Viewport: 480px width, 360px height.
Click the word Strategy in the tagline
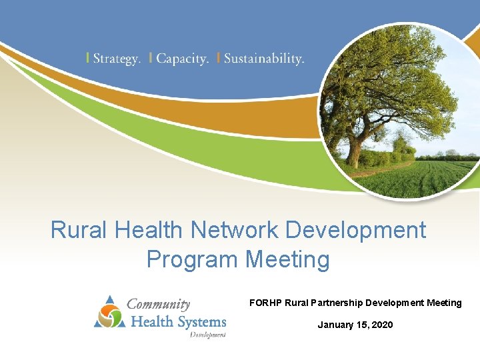pos(117,59)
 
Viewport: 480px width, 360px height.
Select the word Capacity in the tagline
pos(182,59)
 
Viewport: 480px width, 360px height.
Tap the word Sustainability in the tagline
pos(264,59)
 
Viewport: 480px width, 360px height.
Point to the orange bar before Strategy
pos(88,58)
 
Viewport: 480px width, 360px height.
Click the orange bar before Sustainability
pos(218,58)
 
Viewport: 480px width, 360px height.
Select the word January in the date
pos(336,325)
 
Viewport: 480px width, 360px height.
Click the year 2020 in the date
pos(382,325)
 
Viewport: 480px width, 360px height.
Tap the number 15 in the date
pos(363,325)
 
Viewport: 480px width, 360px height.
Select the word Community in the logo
pos(159,304)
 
